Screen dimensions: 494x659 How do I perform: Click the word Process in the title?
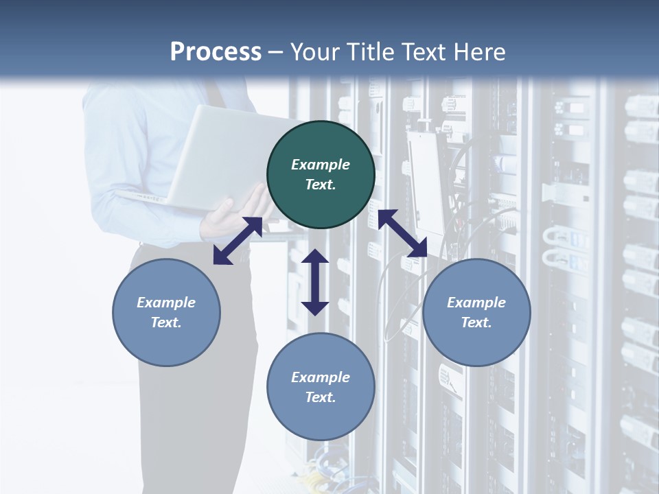coord(216,52)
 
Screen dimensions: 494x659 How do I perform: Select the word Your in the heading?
coord(314,52)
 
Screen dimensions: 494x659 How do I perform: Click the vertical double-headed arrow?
coord(315,282)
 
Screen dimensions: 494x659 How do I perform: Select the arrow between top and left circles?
coord(238,241)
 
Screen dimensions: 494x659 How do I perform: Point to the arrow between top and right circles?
coord(403,234)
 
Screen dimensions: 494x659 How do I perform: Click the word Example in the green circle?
coord(321,165)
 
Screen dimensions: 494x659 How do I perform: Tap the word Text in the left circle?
coord(166,322)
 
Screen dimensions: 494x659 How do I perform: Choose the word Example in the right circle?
coord(476,303)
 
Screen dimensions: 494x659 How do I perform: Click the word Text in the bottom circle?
coord(321,397)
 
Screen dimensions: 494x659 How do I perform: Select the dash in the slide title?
coord(276,52)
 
